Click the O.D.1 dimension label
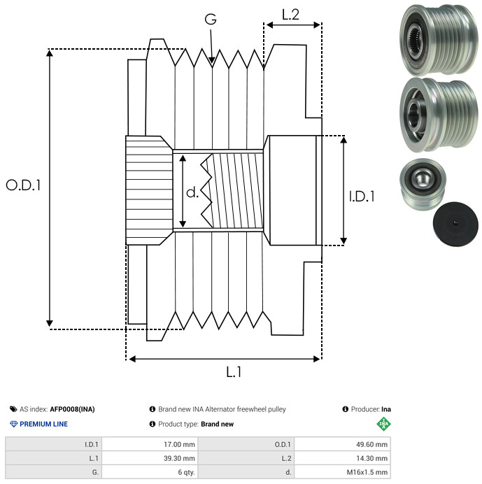(x=24, y=185)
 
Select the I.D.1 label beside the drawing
(x=362, y=197)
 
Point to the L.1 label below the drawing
(x=234, y=373)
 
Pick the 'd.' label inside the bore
(x=192, y=192)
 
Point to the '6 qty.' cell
(x=185, y=472)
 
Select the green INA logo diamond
(x=383, y=423)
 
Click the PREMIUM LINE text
(x=44, y=424)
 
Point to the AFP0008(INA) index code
(x=77, y=409)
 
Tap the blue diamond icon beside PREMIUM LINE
(x=13, y=424)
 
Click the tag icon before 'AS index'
(x=13, y=409)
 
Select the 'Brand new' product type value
(x=217, y=424)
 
